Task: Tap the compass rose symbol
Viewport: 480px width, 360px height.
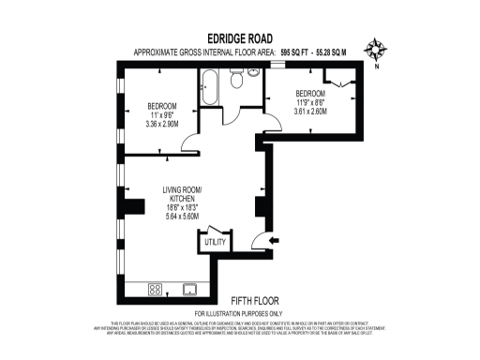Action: [376, 50]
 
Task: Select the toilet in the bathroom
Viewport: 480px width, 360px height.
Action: [236, 83]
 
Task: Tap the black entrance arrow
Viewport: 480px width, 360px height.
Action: [274, 241]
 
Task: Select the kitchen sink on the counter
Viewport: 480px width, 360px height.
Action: [189, 290]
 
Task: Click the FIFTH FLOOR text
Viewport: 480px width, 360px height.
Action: [244, 301]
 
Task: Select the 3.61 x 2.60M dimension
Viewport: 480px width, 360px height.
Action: [310, 111]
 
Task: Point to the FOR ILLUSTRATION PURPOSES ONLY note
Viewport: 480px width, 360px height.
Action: [238, 312]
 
